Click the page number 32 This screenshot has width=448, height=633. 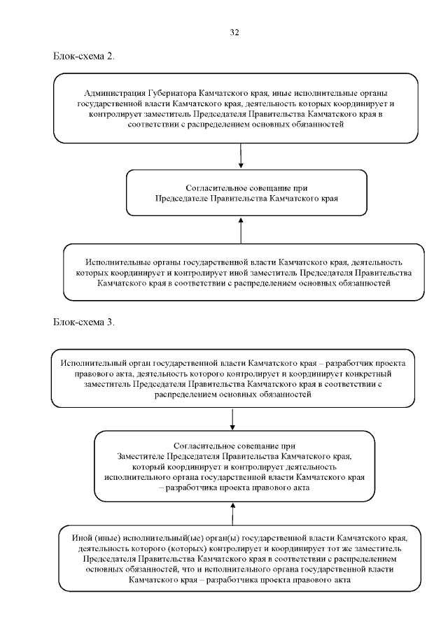234,32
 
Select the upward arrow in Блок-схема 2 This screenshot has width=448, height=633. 241,229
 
